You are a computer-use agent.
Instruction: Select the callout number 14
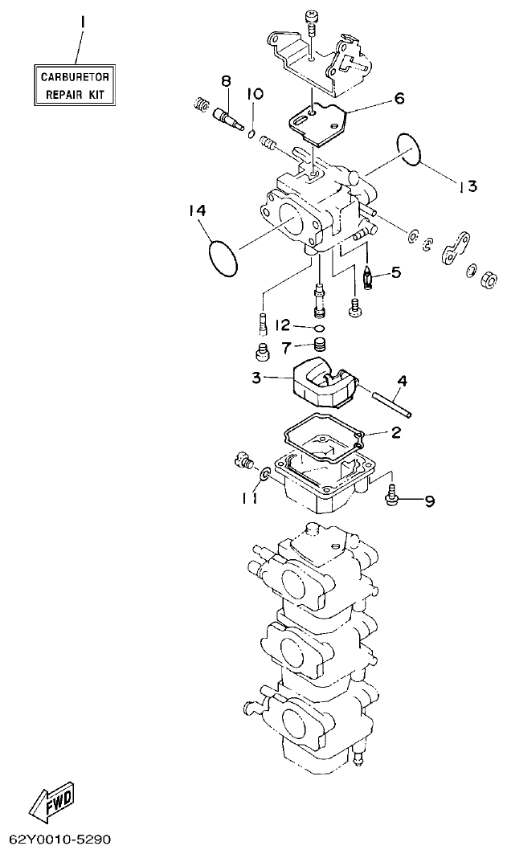pyautogui.click(x=198, y=210)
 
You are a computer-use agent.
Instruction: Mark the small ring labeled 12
pyautogui.click(x=320, y=328)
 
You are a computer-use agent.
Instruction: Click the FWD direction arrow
pyautogui.click(x=51, y=800)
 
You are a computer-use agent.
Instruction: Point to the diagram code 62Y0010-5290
pyautogui.click(x=55, y=840)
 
